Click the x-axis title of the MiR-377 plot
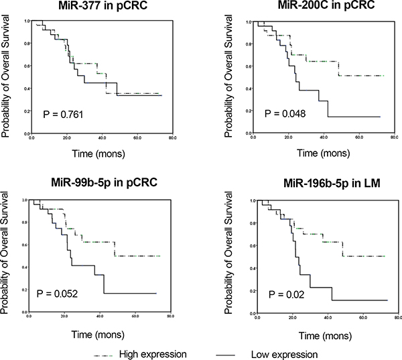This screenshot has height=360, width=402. [x=98, y=154]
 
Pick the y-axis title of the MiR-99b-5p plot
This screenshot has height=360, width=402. [x=7, y=253]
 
